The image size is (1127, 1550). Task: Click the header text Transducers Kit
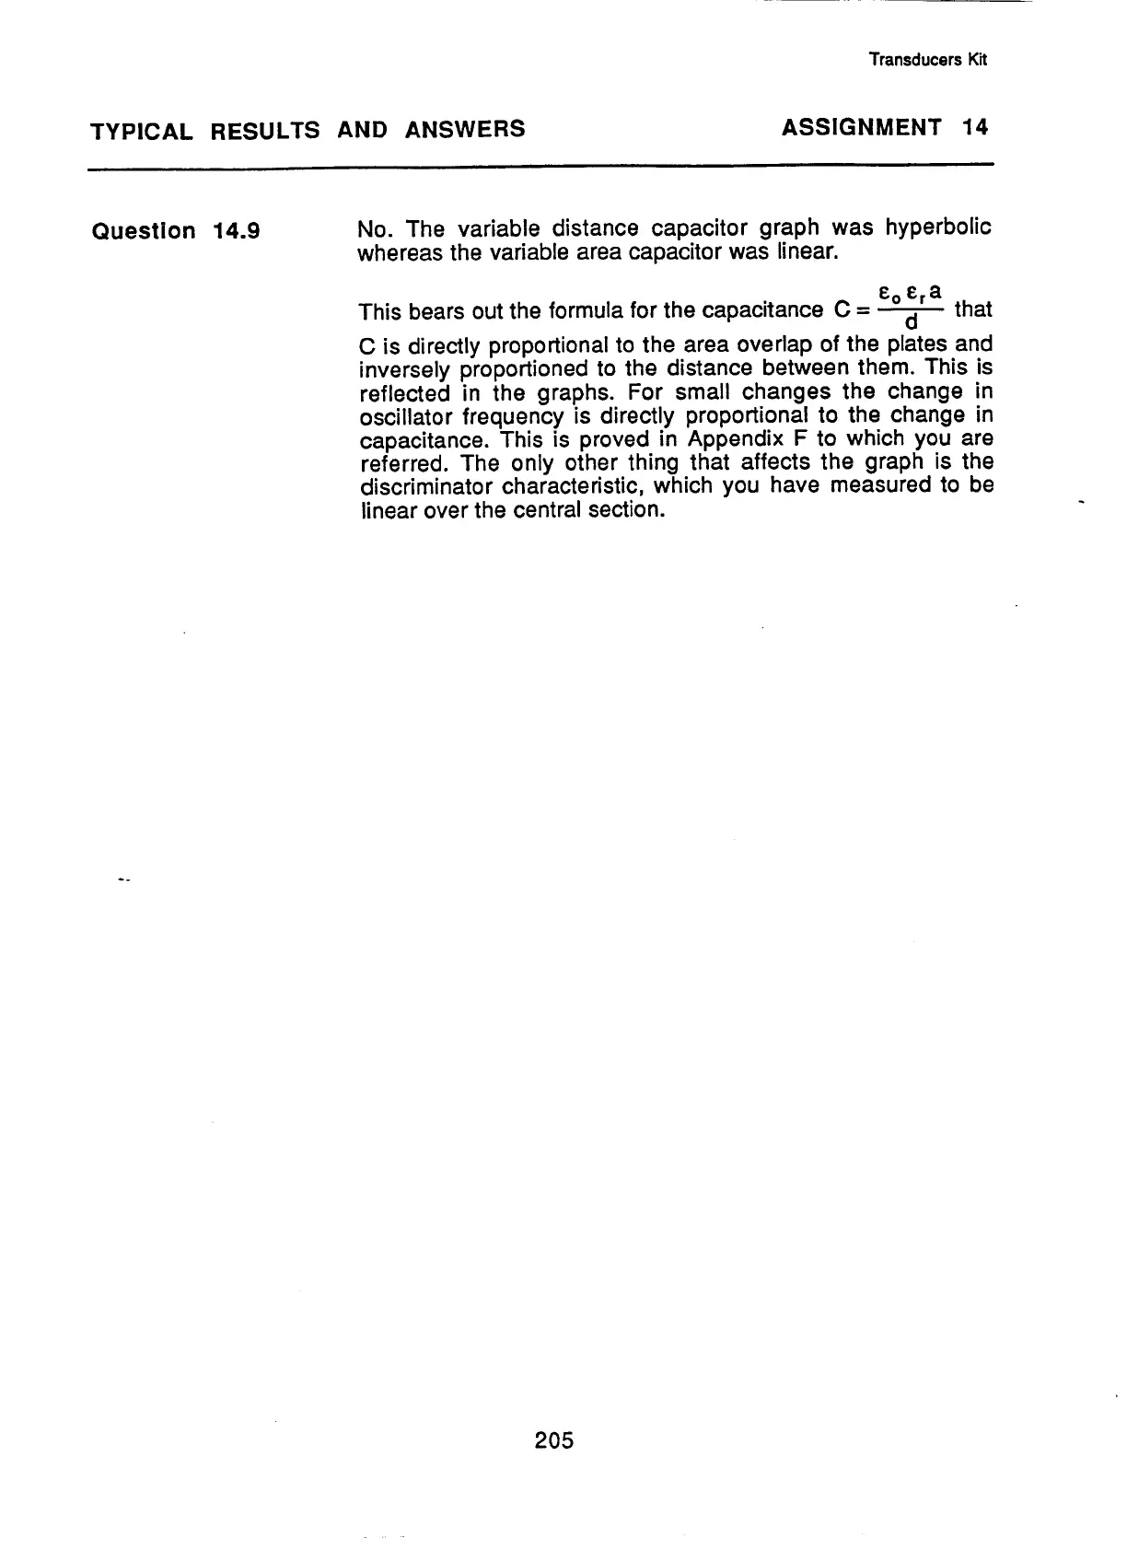click(x=928, y=60)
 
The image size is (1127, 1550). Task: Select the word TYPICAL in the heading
click(x=142, y=131)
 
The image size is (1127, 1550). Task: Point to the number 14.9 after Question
click(x=236, y=230)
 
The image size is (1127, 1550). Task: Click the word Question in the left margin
click(x=145, y=231)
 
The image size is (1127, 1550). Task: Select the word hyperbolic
click(x=938, y=227)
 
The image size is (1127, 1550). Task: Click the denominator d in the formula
click(x=911, y=322)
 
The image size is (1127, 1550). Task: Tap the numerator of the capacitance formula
click(x=910, y=294)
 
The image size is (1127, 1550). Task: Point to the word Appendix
click(x=727, y=439)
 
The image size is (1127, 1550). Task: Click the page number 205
click(x=553, y=1439)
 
